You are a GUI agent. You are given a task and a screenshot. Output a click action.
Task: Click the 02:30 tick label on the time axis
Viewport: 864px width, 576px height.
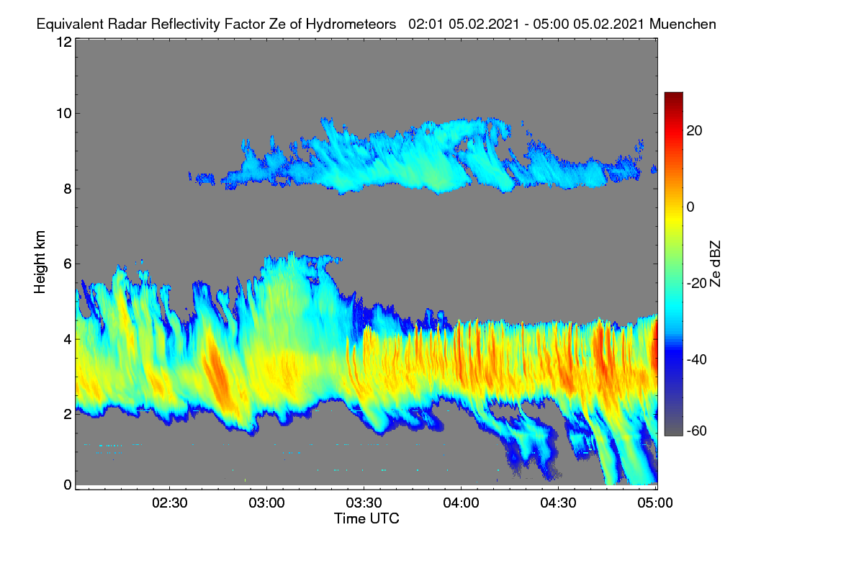click(x=169, y=503)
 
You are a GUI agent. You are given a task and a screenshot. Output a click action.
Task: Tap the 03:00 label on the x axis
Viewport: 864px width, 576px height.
click(x=266, y=503)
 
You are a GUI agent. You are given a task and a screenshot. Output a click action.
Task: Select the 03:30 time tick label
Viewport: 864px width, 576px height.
click(x=364, y=503)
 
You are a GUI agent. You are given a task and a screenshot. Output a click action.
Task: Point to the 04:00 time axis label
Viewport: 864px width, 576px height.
click(x=461, y=503)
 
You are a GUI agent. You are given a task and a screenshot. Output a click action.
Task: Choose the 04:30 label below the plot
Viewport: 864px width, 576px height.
click(x=558, y=503)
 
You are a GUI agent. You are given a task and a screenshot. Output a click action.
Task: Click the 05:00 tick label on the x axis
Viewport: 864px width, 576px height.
click(x=655, y=503)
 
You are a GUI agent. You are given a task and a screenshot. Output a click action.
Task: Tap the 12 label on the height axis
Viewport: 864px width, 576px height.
click(x=64, y=42)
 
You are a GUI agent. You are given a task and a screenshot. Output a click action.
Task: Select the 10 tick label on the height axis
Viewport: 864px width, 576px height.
click(x=64, y=114)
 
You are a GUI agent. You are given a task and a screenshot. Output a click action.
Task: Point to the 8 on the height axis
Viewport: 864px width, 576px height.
click(x=68, y=189)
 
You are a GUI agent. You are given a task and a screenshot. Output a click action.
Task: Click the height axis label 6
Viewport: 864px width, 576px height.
click(x=68, y=264)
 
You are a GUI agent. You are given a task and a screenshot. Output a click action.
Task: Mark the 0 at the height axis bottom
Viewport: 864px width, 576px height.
click(x=68, y=485)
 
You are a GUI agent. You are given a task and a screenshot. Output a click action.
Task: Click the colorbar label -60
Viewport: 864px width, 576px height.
click(x=696, y=431)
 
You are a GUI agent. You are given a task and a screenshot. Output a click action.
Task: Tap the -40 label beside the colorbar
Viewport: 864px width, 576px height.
click(x=696, y=359)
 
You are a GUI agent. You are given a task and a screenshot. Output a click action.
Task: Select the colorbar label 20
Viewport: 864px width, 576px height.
click(x=694, y=131)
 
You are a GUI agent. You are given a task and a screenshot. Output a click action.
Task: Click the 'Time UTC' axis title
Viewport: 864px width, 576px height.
click(x=366, y=518)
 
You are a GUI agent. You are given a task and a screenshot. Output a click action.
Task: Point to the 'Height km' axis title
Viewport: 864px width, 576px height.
click(x=40, y=262)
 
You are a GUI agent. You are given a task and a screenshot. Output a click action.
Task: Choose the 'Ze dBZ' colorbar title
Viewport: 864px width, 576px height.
click(x=715, y=264)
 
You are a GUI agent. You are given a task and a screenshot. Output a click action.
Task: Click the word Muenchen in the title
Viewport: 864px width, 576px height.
click(x=683, y=24)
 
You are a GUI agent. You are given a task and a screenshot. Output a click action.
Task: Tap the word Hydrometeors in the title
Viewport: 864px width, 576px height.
click(x=351, y=24)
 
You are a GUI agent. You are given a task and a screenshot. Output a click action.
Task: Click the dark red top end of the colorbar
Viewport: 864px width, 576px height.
click(x=673, y=94)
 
